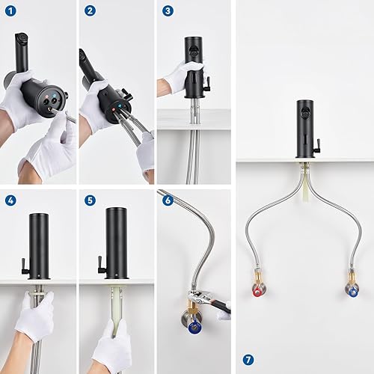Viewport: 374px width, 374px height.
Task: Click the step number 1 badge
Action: point(10,11)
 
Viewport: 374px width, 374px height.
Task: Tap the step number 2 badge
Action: point(90,11)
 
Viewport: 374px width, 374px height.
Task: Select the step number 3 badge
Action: point(168,11)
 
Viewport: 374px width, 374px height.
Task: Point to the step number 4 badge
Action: point(10,200)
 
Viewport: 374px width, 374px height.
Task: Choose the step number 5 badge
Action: point(90,200)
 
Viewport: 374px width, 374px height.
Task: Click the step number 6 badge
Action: point(168,200)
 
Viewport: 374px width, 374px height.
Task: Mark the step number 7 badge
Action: point(248,360)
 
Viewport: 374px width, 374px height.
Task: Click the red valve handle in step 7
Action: point(257,292)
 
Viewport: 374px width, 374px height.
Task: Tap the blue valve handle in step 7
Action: point(353,292)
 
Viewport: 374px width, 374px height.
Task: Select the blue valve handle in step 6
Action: point(195,327)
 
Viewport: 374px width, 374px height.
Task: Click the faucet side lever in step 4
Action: point(25,266)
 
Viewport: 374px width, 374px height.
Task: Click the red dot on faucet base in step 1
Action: point(47,96)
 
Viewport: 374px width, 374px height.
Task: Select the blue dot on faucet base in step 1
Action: point(55,96)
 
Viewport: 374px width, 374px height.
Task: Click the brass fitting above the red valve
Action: point(257,278)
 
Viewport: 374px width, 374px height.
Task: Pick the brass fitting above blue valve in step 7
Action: point(352,278)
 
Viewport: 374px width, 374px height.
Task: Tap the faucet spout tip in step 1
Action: point(22,38)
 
